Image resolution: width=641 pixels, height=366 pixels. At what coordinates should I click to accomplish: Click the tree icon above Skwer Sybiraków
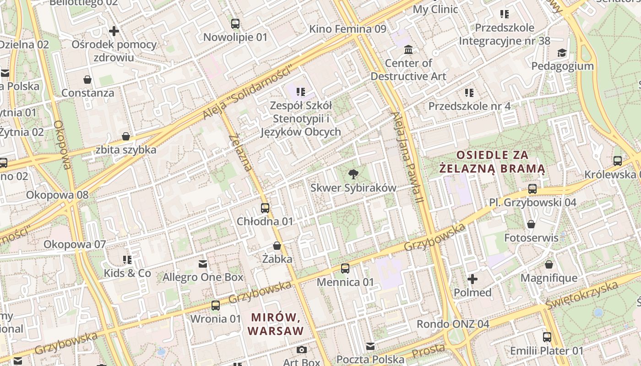(353, 174)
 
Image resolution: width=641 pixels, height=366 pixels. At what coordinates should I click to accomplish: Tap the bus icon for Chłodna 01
(265, 208)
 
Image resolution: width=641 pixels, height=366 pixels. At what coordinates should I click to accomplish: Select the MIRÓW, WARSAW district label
(275, 323)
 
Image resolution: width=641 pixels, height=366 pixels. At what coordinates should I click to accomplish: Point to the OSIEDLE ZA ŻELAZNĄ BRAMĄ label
(492, 162)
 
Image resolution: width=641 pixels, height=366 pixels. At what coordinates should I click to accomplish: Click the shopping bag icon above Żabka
(277, 246)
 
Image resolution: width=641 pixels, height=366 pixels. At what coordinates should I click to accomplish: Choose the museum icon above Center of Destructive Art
(408, 49)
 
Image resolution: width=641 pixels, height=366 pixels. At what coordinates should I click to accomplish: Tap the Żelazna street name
(240, 153)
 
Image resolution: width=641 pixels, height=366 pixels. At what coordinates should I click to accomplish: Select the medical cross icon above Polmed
(473, 279)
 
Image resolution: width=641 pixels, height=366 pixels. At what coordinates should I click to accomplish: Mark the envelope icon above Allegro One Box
(203, 264)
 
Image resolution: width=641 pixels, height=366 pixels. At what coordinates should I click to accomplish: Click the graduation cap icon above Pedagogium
(562, 53)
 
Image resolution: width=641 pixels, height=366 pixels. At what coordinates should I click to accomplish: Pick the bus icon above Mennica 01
(345, 269)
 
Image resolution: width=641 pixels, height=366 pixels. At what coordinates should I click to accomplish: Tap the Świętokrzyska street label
(581, 295)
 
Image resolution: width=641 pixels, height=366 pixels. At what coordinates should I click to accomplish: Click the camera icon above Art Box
(301, 350)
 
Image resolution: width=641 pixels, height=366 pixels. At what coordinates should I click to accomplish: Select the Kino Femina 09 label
(348, 29)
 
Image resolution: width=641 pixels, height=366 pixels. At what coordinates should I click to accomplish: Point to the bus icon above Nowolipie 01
(235, 24)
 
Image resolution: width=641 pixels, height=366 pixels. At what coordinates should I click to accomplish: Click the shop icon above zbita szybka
(126, 136)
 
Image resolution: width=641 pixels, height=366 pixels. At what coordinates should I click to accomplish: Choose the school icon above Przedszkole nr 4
(469, 93)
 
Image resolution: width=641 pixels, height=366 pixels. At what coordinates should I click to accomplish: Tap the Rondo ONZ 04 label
(452, 324)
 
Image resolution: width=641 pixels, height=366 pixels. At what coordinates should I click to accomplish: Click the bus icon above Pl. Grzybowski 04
(532, 188)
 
